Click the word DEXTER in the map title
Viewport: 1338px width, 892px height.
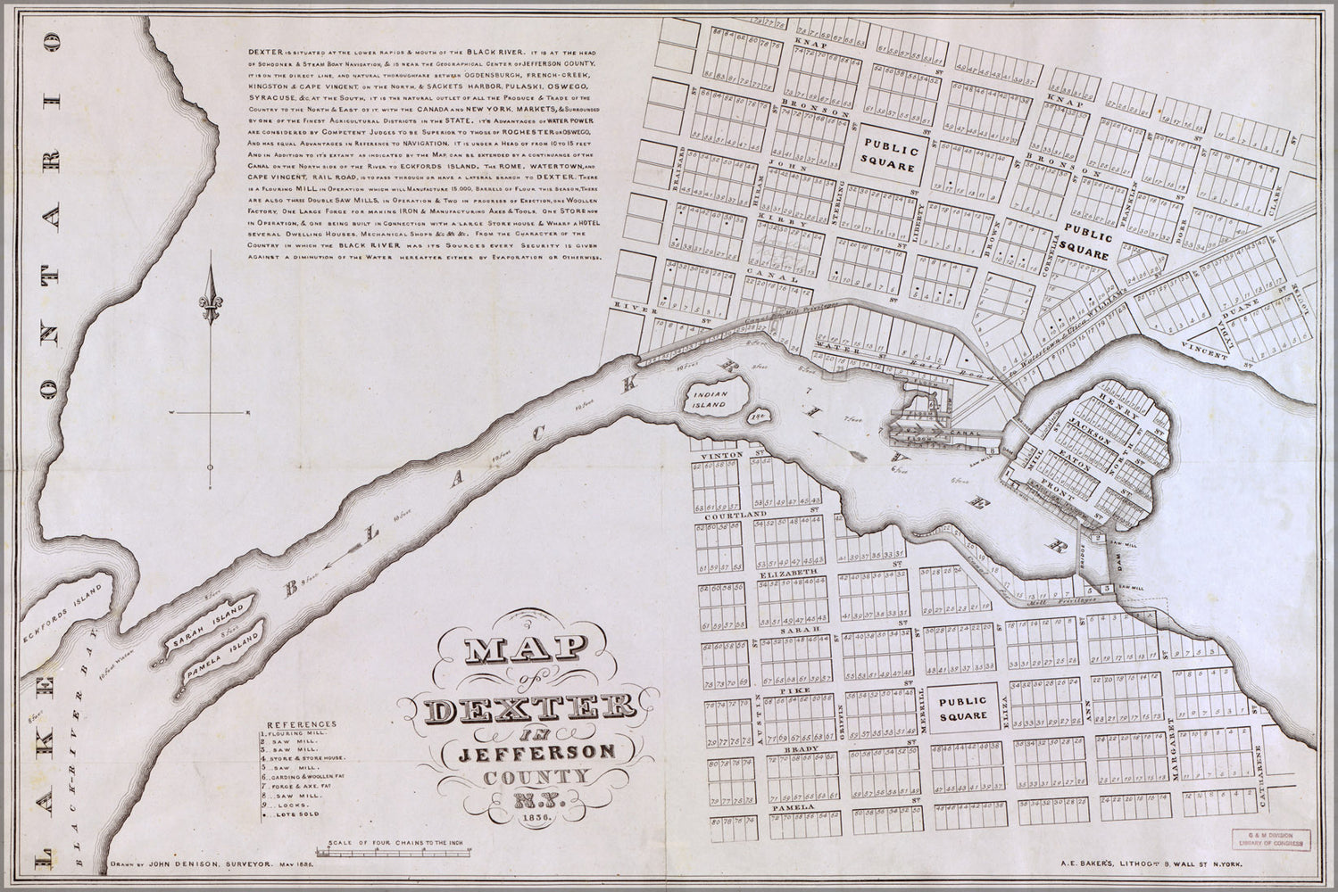[529, 709]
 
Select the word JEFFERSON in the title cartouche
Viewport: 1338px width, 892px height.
[538, 752]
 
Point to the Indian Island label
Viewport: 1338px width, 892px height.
[719, 399]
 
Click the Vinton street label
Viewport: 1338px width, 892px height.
[723, 455]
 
